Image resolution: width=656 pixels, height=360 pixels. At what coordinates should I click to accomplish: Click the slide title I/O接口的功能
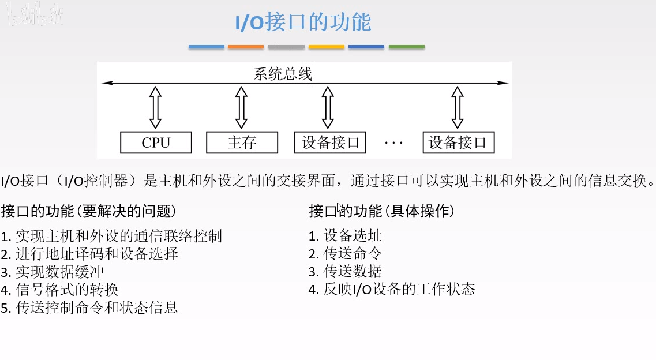(303, 22)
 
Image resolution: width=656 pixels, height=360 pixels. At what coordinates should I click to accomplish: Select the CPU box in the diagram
(156, 142)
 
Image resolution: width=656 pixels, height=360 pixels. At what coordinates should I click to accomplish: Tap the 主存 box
(242, 142)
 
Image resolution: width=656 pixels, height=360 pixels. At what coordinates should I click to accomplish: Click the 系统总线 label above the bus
(283, 74)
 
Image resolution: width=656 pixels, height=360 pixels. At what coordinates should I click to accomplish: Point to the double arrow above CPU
(155, 107)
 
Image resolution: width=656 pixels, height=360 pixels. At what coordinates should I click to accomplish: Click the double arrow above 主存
(242, 107)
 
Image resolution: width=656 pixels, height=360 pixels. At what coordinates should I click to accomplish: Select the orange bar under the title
(246, 47)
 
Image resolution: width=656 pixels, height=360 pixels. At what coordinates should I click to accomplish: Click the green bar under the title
(406, 47)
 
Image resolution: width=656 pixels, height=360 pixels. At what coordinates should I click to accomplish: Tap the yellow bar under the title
(326, 47)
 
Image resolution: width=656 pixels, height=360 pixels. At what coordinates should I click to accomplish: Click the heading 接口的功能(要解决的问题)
(88, 212)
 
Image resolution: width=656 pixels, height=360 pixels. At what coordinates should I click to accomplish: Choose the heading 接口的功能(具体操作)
(382, 212)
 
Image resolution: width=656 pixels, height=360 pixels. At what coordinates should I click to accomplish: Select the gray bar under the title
(286, 47)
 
